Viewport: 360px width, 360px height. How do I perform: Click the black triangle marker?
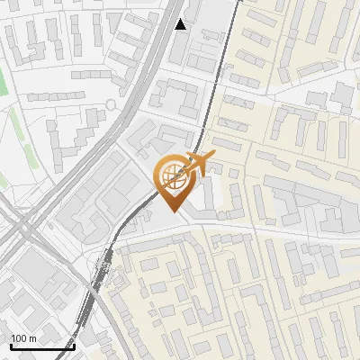181,24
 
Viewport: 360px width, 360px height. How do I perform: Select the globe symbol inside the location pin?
172,178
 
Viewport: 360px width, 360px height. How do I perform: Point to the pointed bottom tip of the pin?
174,211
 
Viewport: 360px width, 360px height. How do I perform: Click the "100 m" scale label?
24,338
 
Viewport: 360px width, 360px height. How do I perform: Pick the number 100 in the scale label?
20,338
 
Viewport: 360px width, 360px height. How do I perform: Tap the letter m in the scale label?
34,338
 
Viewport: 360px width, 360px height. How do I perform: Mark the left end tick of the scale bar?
11,346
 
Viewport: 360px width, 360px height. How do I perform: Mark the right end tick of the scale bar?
74,346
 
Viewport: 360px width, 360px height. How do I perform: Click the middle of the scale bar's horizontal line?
42,347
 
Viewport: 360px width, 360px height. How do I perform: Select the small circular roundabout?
111,104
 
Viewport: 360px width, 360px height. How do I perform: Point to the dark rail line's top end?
240,2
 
